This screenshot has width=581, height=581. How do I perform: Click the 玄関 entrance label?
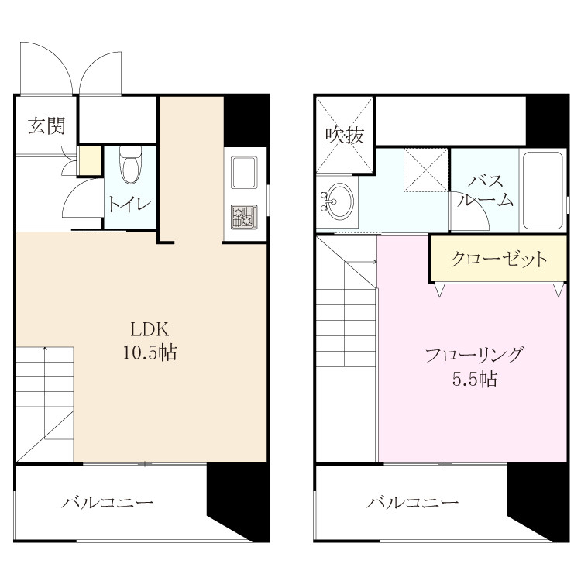coord(46,125)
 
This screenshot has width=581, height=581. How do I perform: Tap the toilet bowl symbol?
coord(131,165)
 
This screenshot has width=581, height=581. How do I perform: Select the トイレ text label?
coord(129,205)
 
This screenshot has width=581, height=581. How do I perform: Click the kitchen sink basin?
coord(244,172)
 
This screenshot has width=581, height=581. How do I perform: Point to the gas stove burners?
coord(244,217)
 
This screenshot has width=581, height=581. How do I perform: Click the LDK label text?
coord(150,329)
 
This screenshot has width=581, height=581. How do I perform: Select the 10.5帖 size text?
coord(150,352)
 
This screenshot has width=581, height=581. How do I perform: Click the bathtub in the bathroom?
coord(543,190)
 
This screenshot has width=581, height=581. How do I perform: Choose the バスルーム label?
coord(485,191)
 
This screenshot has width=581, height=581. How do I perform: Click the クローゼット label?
coord(499,259)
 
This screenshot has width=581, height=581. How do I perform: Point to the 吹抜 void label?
coord(345,136)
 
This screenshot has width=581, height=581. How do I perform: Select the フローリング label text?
coord(475,355)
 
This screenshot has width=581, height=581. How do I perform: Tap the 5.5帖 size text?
coord(475,379)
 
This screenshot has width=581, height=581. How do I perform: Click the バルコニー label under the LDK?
coord(107,503)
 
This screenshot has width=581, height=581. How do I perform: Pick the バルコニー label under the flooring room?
coord(413,503)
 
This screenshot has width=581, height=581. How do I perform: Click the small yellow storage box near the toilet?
coord(90,161)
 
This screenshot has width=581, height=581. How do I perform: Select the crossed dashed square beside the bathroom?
coord(426,170)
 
